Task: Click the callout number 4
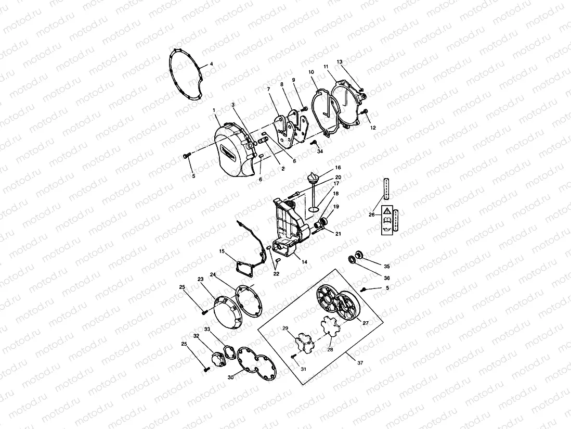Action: pyautogui.click(x=212, y=65)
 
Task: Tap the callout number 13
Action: pyautogui.click(x=340, y=62)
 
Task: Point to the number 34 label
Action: pyautogui.click(x=320, y=152)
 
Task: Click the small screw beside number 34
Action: pyautogui.click(x=314, y=142)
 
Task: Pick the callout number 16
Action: pyautogui.click(x=338, y=168)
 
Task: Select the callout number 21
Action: pyautogui.click(x=338, y=234)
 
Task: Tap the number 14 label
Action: pyautogui.click(x=304, y=262)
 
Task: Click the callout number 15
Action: pyautogui.click(x=222, y=251)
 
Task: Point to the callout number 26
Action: pyautogui.click(x=372, y=215)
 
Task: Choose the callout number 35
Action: pyautogui.click(x=386, y=266)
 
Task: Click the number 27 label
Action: pyautogui.click(x=366, y=323)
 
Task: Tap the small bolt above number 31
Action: pyautogui.click(x=294, y=356)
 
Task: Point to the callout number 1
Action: pyautogui.click(x=214, y=110)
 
